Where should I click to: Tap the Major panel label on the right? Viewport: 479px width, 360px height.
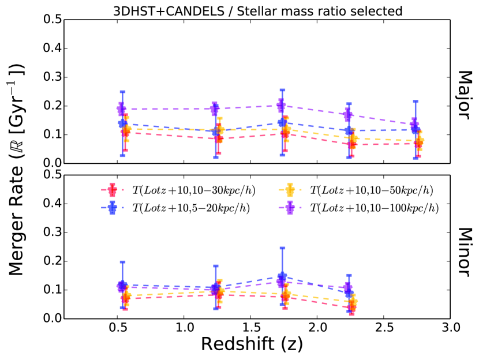click(x=465, y=96)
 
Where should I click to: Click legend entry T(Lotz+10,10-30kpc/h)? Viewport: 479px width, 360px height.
click(x=185, y=190)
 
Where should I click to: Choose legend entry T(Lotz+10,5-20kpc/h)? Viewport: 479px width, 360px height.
click(x=185, y=207)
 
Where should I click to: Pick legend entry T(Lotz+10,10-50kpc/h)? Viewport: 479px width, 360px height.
click(x=362, y=190)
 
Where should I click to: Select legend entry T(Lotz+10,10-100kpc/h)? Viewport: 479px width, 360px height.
click(x=362, y=207)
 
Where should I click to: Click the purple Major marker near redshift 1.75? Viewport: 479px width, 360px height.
click(x=281, y=106)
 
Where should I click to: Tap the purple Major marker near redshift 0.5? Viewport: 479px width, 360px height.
click(x=121, y=109)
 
